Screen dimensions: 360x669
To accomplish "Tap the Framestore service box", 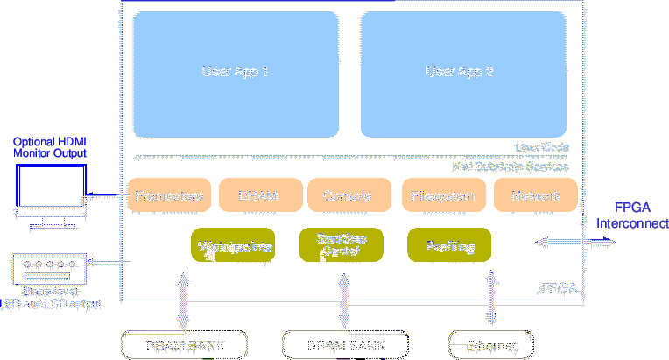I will click(x=170, y=195).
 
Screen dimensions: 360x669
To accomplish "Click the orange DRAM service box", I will click(x=258, y=195).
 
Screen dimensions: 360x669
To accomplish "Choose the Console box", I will click(x=348, y=195).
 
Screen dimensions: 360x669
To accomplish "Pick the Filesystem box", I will click(x=443, y=195).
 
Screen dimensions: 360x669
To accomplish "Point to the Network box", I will click(x=535, y=195).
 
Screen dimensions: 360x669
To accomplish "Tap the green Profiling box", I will click(x=449, y=246).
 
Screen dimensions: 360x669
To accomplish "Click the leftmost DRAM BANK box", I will click(x=183, y=345).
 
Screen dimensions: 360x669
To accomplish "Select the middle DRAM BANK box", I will click(x=346, y=345).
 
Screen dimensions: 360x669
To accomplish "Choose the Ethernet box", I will click(x=490, y=345).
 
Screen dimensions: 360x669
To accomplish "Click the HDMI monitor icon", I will click(x=51, y=196).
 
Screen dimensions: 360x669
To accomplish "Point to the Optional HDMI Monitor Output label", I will click(x=50, y=147).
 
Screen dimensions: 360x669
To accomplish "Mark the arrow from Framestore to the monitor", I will click(x=106, y=195).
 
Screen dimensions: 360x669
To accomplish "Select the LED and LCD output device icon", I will click(x=50, y=266).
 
